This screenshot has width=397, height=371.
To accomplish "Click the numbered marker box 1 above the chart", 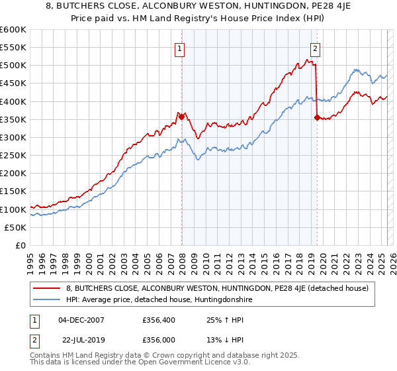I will (180, 48).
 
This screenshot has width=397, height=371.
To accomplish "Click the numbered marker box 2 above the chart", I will (315, 48).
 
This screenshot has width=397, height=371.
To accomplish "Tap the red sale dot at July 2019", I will (317, 118).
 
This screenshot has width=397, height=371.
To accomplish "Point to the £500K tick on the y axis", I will (13, 66).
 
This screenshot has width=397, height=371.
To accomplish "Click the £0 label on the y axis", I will (21, 245).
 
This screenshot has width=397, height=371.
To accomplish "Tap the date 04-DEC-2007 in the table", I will (81, 320).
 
